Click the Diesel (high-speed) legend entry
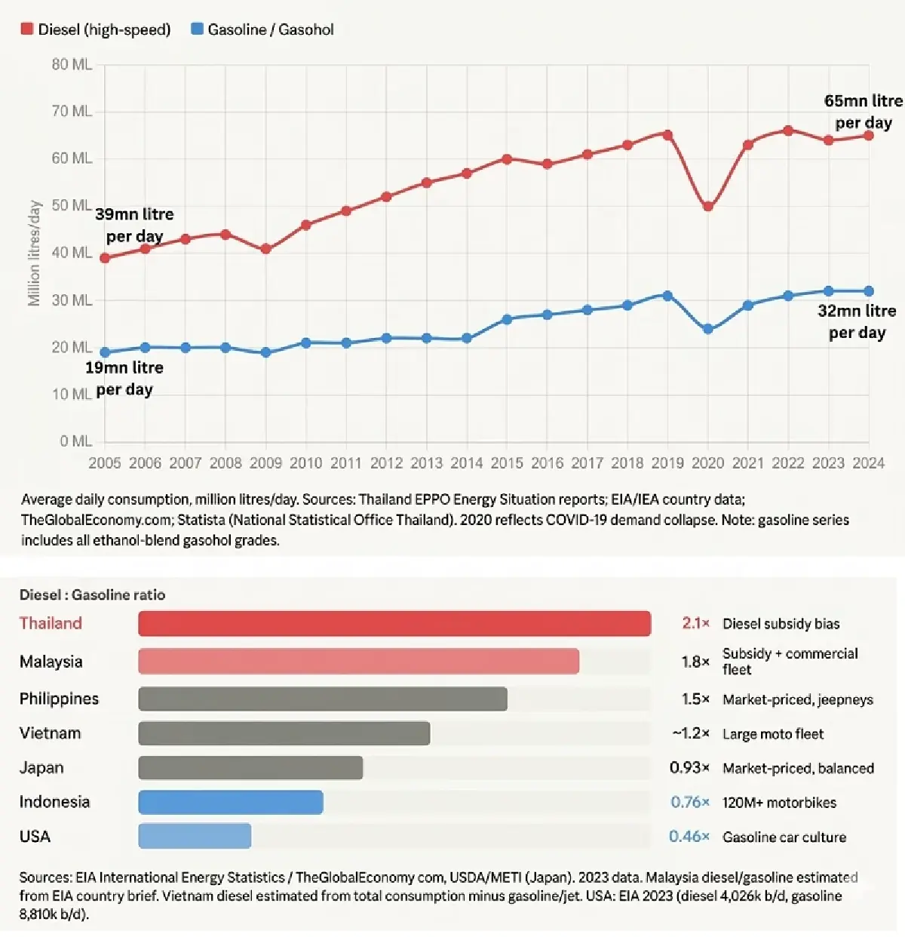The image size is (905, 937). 97,29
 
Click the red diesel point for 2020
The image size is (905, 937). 707,206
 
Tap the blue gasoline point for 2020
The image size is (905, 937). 707,329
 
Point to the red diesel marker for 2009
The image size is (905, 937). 265,249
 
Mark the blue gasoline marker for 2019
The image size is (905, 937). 667,296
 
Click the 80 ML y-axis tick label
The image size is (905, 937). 72,65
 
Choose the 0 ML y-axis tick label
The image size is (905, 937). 75,441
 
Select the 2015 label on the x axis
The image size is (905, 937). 507,463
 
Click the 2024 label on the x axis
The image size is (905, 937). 868,463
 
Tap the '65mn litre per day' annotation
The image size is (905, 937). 863,112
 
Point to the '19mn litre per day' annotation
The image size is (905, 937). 124,379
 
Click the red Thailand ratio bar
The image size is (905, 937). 394,624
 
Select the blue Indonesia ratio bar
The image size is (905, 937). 231,802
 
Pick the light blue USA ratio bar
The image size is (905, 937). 195,836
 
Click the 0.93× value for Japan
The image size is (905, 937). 689,768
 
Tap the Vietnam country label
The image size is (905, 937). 50,733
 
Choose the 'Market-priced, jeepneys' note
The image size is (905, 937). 797,699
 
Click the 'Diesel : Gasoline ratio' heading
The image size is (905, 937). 92,595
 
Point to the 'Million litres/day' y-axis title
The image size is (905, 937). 34,253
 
